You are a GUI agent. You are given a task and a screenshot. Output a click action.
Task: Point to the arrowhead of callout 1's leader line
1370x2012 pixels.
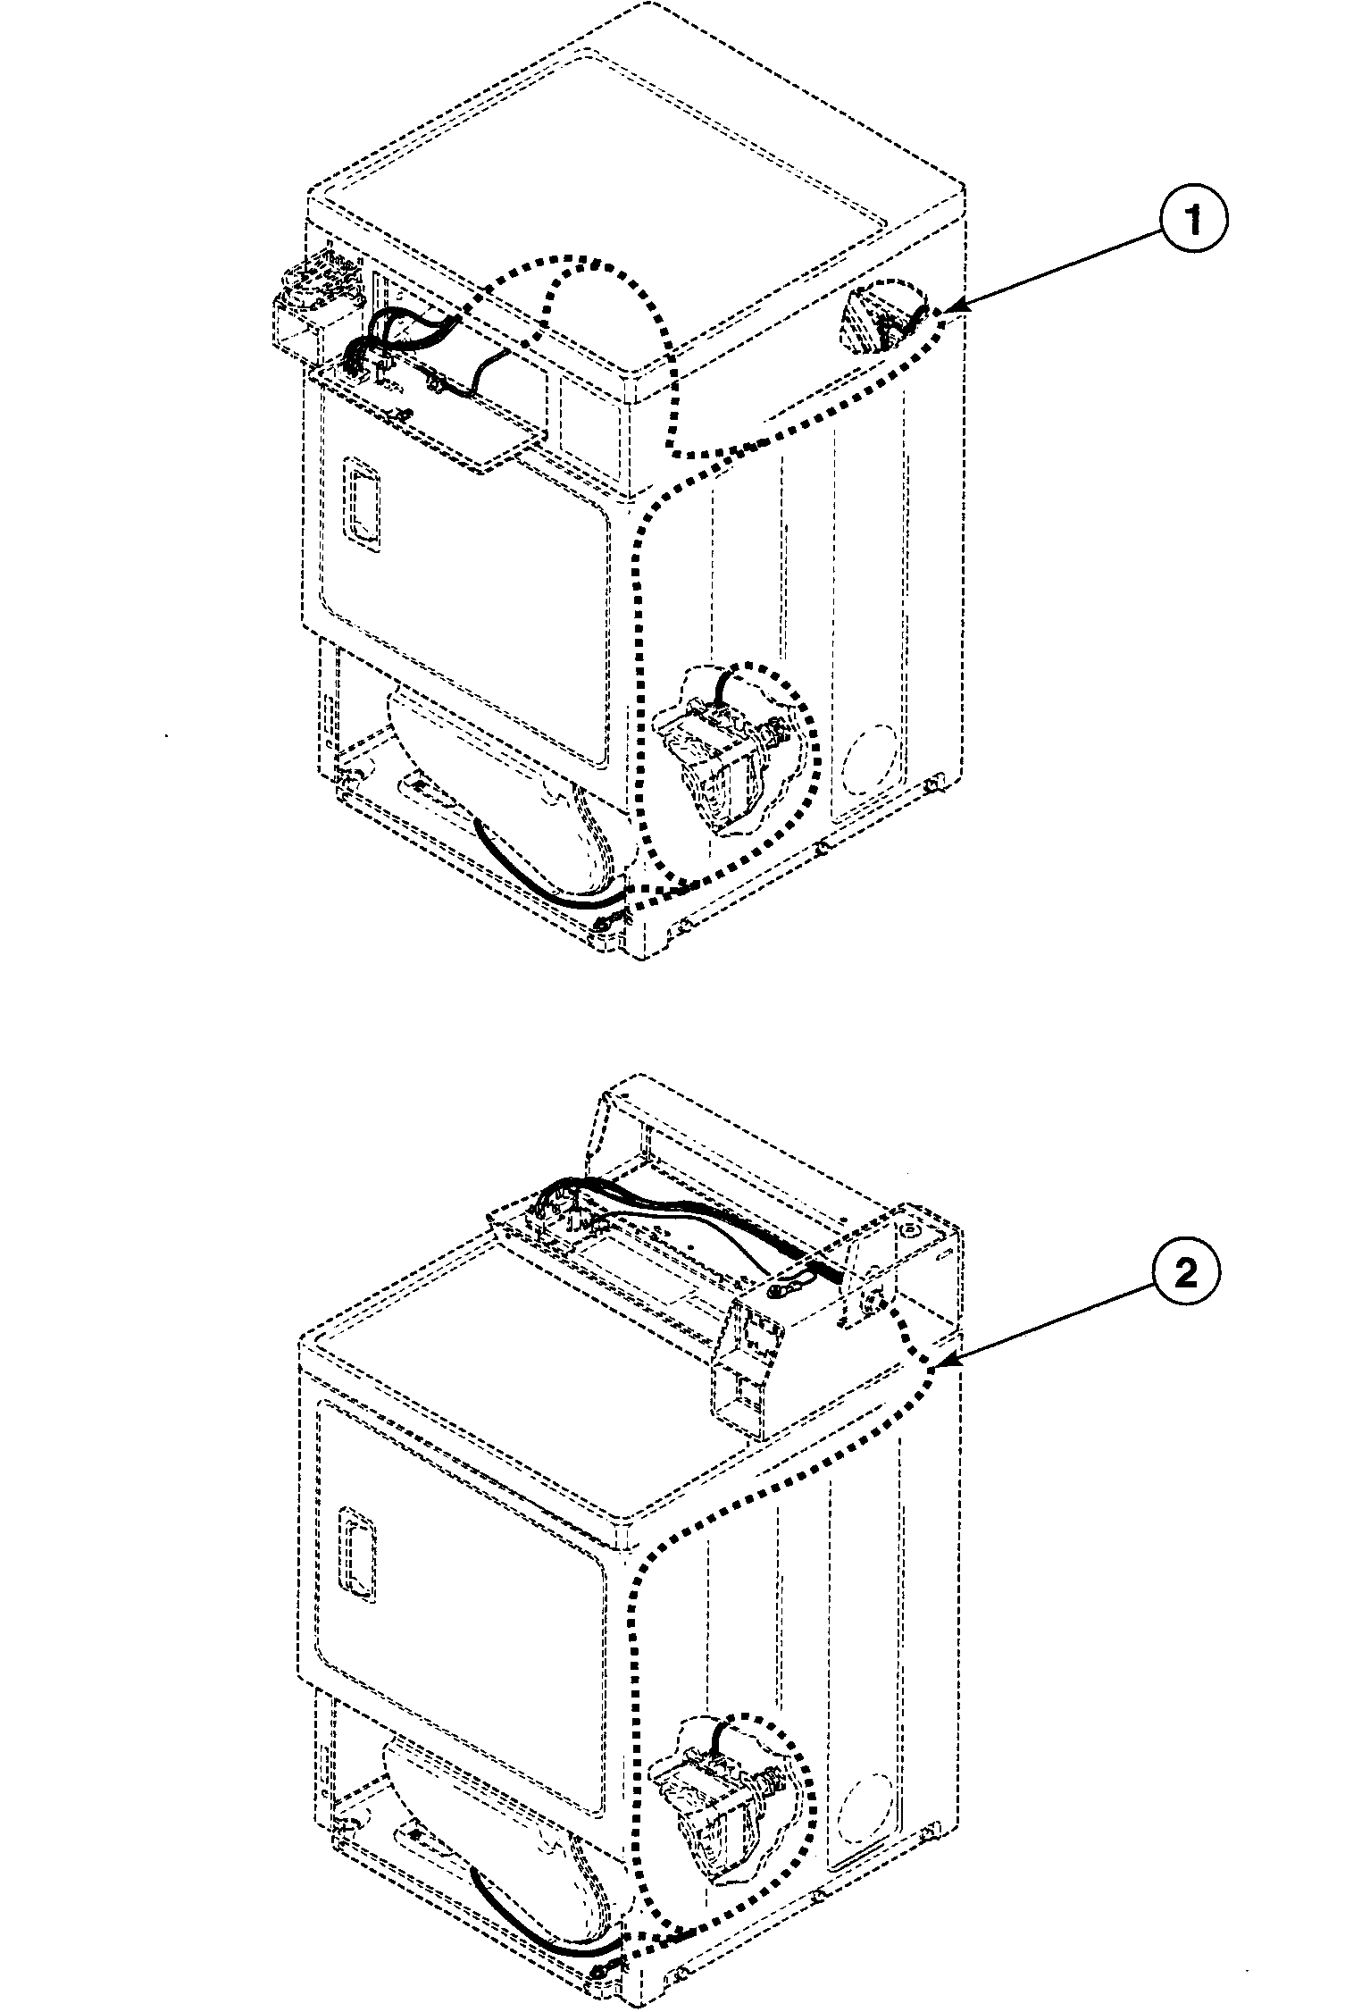(948, 310)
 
